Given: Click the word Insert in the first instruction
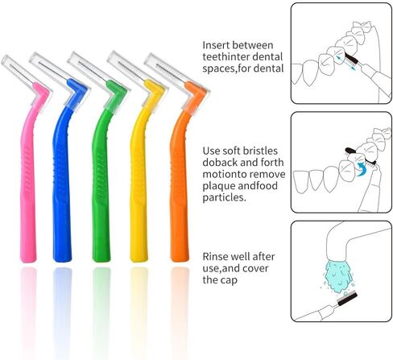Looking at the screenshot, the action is point(216,45).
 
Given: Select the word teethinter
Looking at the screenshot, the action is point(225,56).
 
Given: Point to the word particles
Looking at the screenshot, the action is point(224,198).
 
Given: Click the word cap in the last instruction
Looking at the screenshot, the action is point(230,280).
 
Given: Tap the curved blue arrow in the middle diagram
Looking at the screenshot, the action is point(361,169).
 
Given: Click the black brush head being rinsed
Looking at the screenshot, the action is point(347,299).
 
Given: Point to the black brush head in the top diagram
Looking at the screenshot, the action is point(351,60).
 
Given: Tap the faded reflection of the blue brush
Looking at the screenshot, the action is point(62,308).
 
